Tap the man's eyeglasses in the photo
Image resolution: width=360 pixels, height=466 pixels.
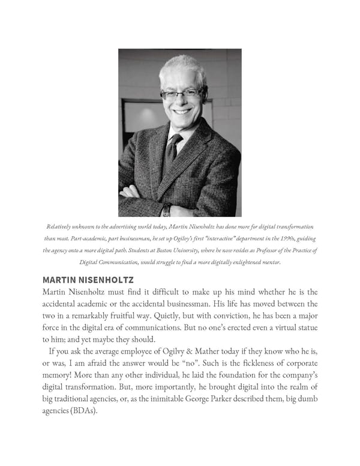click(182, 94)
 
